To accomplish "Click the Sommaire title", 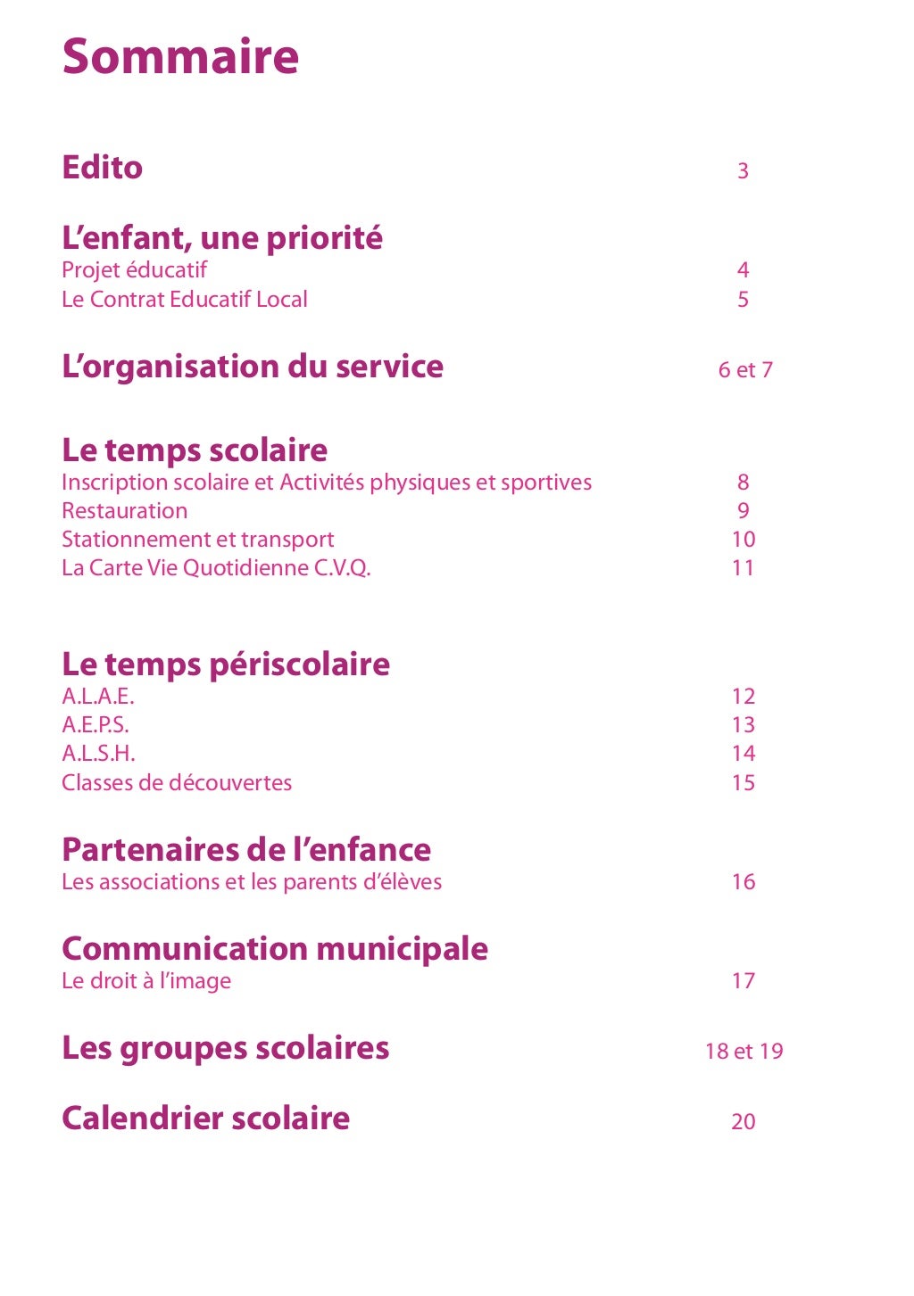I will pyautogui.click(x=180, y=56).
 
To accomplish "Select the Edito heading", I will pyautogui.click(x=102, y=168).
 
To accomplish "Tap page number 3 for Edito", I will pyautogui.click(x=743, y=170).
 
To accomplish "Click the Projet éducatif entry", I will pyautogui.click(x=134, y=270).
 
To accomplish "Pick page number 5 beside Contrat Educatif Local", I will pyautogui.click(x=743, y=300).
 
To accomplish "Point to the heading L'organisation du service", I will pyautogui.click(x=253, y=367).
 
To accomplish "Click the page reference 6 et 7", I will pyautogui.click(x=745, y=370).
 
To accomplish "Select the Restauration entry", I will pyautogui.click(x=125, y=511).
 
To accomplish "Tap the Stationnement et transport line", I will pyautogui.click(x=197, y=540).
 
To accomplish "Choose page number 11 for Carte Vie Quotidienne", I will pyautogui.click(x=743, y=568).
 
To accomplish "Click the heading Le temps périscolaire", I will pyautogui.click(x=226, y=665).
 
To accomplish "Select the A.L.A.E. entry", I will pyautogui.click(x=98, y=697).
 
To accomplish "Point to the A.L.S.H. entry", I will pyautogui.click(x=98, y=754).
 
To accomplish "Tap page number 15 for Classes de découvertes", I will pyautogui.click(x=743, y=783).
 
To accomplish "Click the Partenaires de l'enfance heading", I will pyautogui.click(x=246, y=850).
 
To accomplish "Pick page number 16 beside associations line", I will pyautogui.click(x=743, y=882).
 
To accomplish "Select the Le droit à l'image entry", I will pyautogui.click(x=146, y=981).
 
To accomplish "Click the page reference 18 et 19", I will pyautogui.click(x=744, y=1052).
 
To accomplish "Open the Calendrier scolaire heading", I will pyautogui.click(x=205, y=1119).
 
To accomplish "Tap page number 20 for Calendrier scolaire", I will pyautogui.click(x=743, y=1122).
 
